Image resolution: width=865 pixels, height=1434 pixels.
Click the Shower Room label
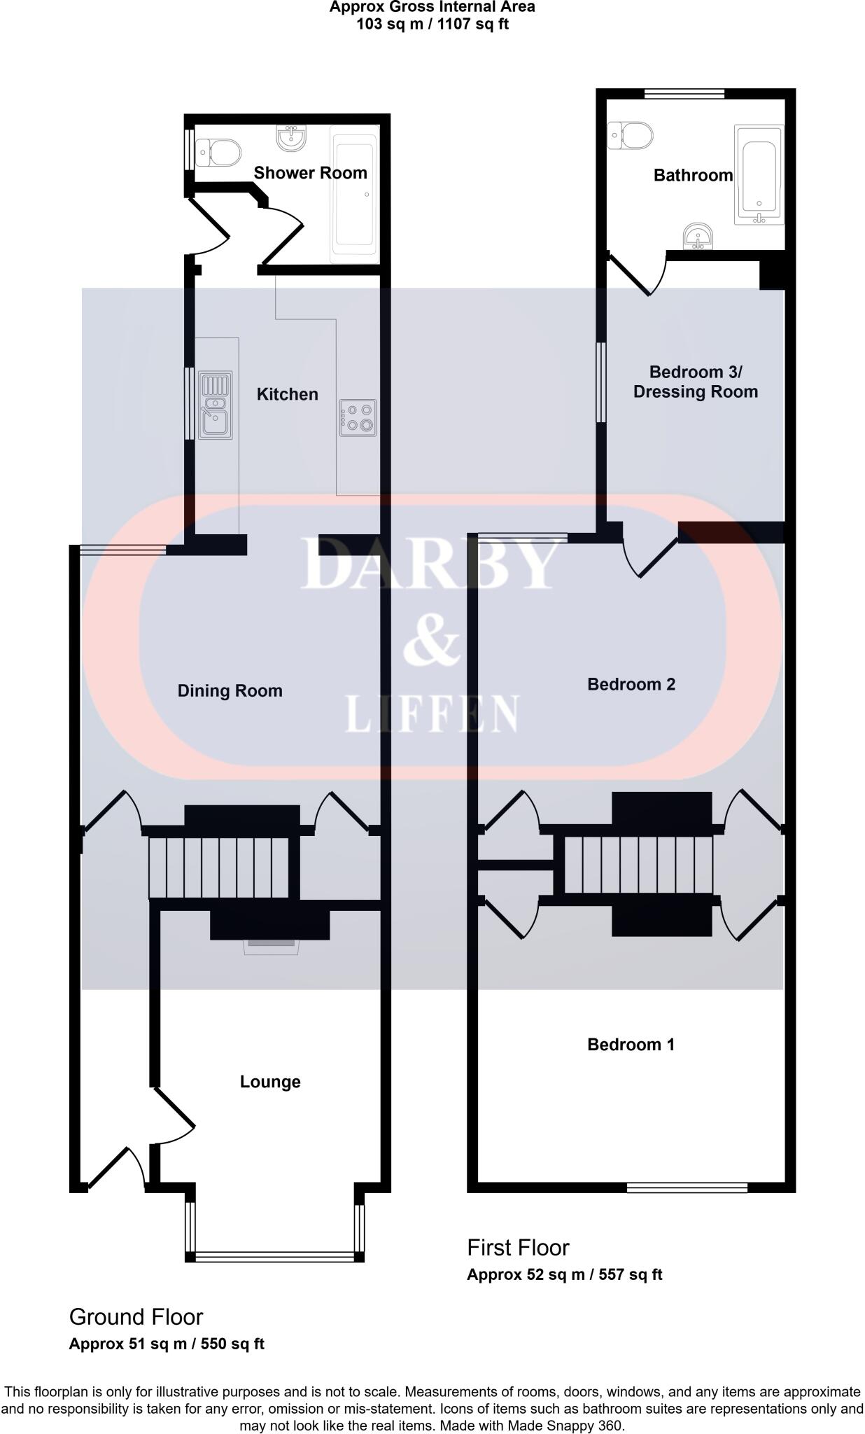pos(310,173)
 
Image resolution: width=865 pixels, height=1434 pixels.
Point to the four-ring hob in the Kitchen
pos(358,417)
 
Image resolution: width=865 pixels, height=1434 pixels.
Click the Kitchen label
pos(288,394)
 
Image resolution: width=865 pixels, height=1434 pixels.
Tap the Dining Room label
pos(230,691)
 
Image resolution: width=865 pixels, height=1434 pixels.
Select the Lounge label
pos(270,1082)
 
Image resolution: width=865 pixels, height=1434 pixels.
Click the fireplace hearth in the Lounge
pos(271,947)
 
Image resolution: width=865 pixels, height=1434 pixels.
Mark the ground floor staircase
pos(218,867)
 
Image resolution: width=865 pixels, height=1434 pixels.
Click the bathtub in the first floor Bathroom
pos(759,174)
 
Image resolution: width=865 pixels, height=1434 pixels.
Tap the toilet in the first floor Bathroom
pos(631,135)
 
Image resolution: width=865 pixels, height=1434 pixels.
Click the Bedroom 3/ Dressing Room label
pos(696,382)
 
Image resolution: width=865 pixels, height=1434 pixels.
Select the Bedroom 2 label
pos(631,684)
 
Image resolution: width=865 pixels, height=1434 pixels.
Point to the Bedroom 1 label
pos(631,1045)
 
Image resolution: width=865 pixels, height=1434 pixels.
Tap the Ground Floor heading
pos(136,1317)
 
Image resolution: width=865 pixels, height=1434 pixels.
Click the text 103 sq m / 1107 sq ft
pos(432,25)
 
